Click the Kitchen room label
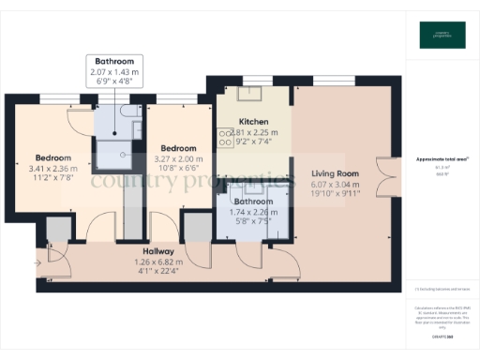tap(253, 122)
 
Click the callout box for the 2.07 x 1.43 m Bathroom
tap(112, 71)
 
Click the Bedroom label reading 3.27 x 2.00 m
tap(177, 148)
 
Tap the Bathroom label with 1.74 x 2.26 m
tap(253, 202)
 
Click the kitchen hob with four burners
tap(226, 138)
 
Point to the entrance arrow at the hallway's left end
tap(38, 263)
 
